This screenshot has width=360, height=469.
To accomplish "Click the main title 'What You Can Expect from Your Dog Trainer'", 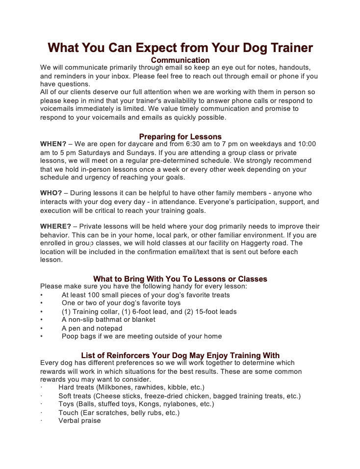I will pyautogui.click(x=180, y=48).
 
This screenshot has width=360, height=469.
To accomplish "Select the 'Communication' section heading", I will pyautogui.click(x=180, y=60).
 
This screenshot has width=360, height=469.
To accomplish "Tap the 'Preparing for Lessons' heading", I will pyautogui.click(x=180, y=136).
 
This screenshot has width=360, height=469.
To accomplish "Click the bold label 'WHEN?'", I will pyautogui.click(x=53, y=144).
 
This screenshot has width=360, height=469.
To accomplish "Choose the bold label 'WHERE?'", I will pyautogui.click(x=55, y=227).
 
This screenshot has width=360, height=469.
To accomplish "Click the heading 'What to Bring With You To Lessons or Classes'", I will pyautogui.click(x=180, y=279).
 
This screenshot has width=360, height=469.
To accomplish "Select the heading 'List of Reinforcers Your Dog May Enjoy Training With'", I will pyautogui.click(x=180, y=355).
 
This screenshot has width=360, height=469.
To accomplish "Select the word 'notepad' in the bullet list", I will pyautogui.click(x=109, y=328).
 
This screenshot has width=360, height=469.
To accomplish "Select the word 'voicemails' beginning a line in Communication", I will pyautogui.click(x=57, y=109).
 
